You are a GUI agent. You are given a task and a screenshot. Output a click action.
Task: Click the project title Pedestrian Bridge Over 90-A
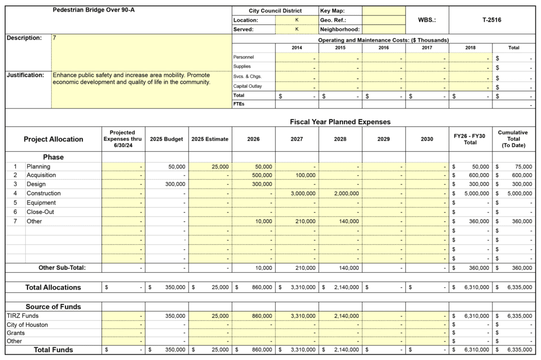[x=94, y=10]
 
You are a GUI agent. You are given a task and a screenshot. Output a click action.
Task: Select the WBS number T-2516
[x=491, y=20]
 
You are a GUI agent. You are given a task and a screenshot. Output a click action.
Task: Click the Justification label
[x=25, y=75]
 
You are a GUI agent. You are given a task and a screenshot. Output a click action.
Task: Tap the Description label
[x=24, y=38]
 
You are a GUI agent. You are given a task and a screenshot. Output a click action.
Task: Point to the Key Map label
[x=333, y=11]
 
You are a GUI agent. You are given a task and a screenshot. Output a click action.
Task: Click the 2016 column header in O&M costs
[x=384, y=48]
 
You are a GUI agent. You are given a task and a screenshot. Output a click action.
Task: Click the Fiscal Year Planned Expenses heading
[x=340, y=122]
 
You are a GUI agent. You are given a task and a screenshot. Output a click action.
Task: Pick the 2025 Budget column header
[x=166, y=139]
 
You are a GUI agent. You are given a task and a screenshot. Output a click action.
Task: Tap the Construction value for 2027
[x=303, y=193]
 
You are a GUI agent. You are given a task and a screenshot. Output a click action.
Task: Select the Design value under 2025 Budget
[x=174, y=184]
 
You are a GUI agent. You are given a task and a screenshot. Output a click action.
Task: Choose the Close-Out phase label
[x=41, y=212]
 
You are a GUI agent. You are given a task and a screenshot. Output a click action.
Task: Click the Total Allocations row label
[x=53, y=288]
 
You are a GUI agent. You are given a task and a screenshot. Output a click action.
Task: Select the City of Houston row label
[x=27, y=325]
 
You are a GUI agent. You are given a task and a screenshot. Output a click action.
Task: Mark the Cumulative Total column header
[x=513, y=139]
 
